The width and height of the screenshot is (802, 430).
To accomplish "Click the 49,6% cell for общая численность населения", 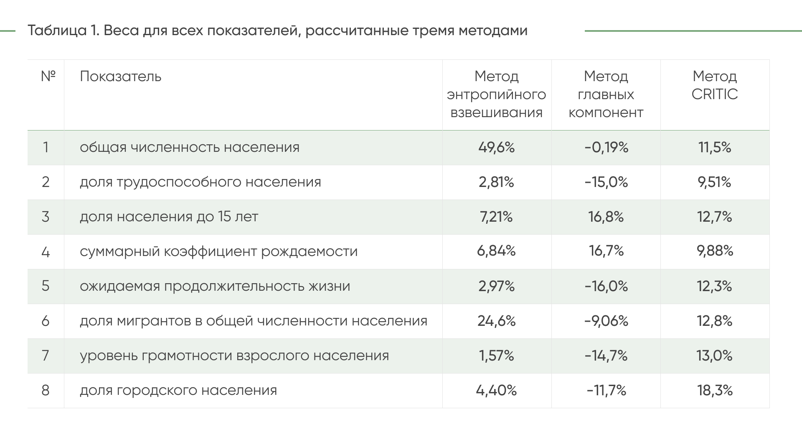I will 496,147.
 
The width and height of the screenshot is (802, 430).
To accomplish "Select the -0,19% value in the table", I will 606,147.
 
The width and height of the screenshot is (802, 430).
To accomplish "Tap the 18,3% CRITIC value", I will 715,390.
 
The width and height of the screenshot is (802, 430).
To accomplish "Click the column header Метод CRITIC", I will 715,85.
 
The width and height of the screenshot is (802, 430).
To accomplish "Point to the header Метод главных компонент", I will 606,95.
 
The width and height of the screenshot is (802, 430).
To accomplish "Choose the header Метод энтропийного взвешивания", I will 496,95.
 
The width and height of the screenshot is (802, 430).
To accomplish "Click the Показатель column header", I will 120,77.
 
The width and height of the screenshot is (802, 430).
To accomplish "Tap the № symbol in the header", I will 48,76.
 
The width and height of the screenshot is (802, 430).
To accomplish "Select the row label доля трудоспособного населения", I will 200,182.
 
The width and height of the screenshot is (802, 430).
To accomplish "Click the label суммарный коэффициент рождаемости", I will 218,251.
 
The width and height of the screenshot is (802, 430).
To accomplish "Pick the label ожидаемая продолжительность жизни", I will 215,286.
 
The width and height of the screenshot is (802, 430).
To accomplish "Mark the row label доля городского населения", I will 178,390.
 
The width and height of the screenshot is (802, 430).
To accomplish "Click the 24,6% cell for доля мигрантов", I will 496,321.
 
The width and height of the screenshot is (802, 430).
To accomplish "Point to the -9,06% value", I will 606,321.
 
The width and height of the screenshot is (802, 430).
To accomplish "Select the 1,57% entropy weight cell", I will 496,356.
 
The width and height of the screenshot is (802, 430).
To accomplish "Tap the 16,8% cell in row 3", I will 606,217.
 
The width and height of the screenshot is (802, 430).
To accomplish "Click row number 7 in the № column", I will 46,356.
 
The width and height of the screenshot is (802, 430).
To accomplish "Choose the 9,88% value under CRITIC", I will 715,251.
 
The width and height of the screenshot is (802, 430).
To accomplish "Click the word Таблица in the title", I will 57,31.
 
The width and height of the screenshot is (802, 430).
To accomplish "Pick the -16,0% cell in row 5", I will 606,286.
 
